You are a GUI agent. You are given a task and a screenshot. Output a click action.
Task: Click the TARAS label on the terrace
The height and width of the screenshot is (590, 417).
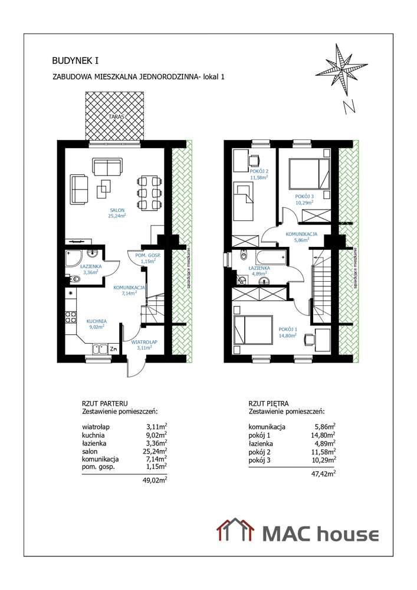point(116,117)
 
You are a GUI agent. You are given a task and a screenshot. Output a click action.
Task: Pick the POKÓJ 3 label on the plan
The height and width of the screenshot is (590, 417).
point(304,198)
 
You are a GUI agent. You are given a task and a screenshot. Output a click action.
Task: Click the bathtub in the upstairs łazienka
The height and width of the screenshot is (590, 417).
point(269,257)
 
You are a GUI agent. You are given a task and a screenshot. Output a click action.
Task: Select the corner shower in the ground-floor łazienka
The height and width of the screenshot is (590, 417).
point(74,258)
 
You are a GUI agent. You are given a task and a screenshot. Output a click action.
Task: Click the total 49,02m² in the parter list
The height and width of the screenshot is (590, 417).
point(156,481)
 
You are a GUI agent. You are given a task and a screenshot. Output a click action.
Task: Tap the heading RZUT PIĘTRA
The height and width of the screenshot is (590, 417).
point(269,404)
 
